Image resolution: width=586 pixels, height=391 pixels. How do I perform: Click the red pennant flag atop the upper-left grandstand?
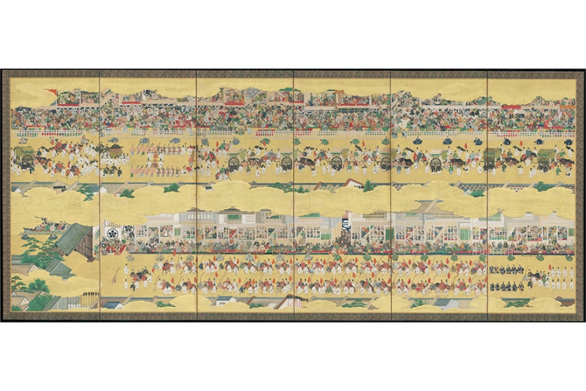[51, 91]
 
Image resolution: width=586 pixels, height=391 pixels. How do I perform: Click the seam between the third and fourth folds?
[294, 194]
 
